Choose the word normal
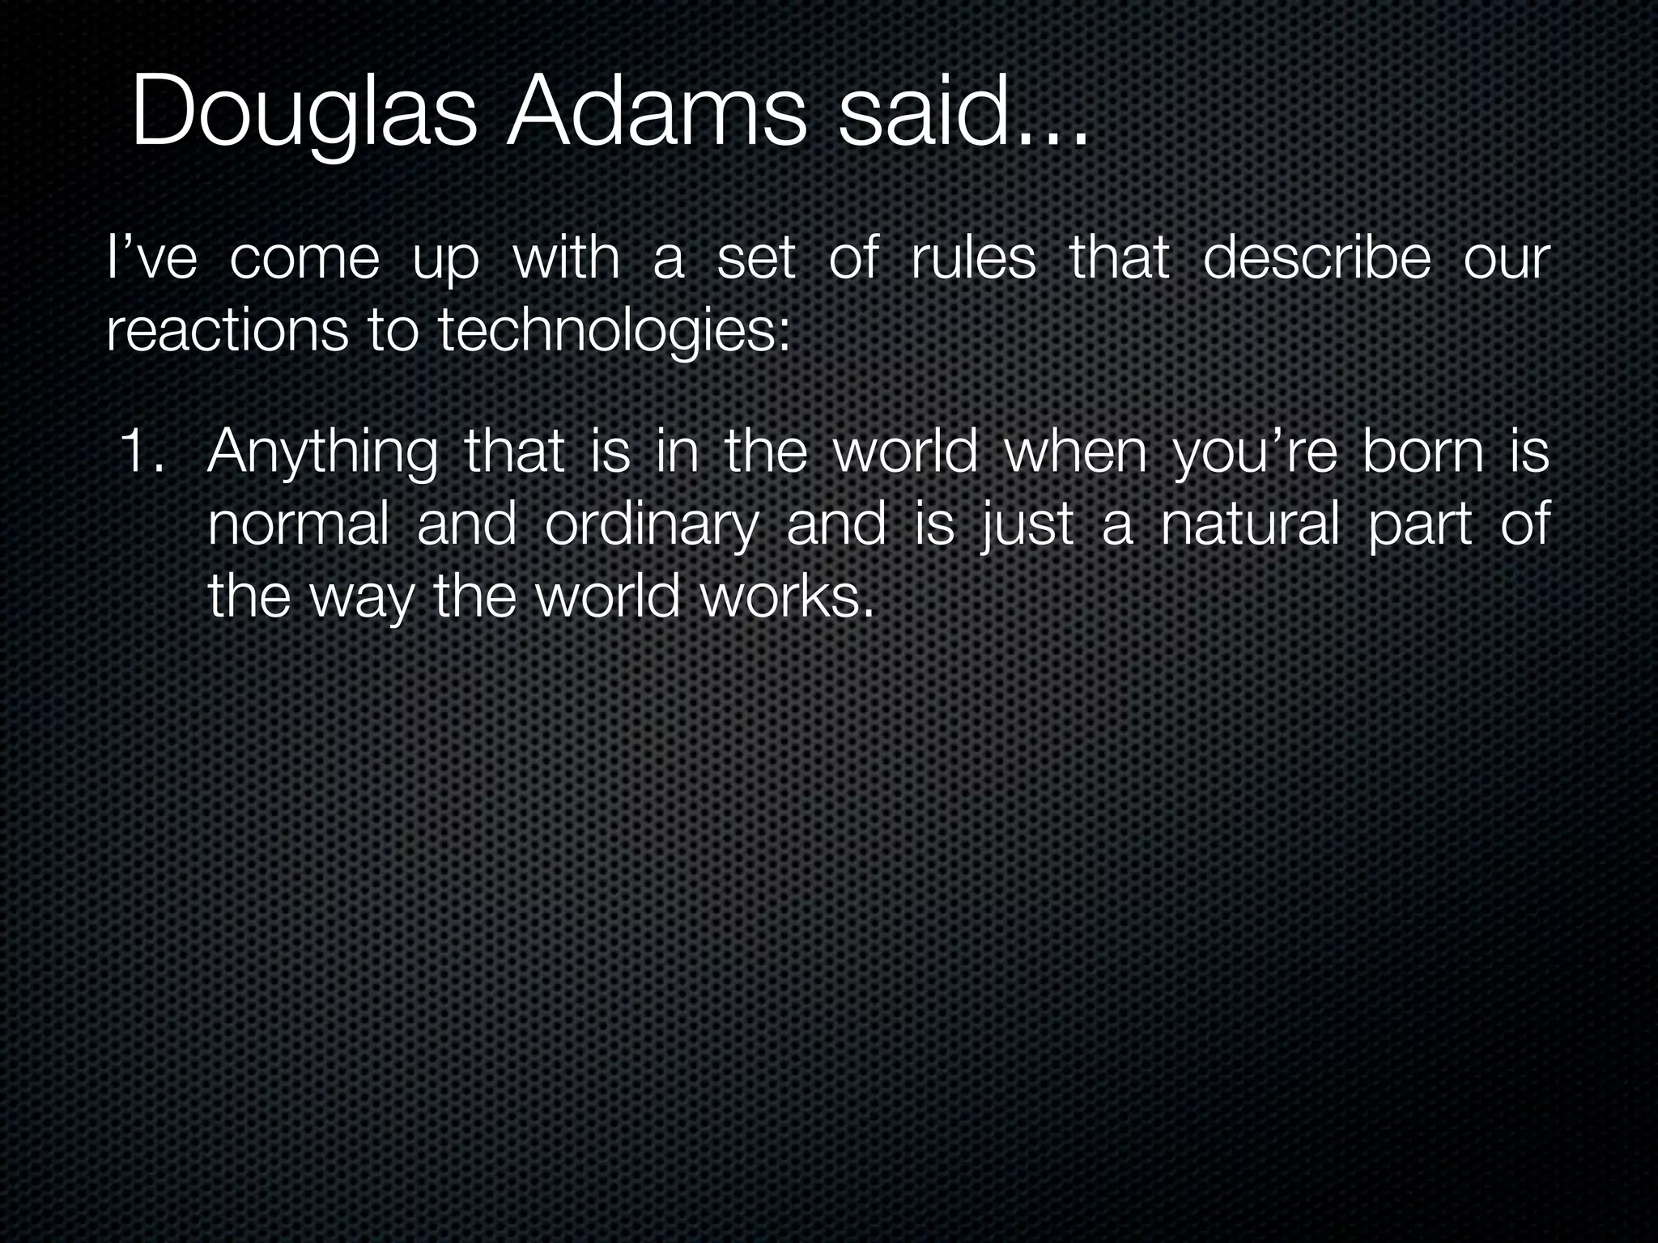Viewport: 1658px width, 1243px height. click(299, 524)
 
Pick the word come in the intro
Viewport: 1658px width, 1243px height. click(304, 261)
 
